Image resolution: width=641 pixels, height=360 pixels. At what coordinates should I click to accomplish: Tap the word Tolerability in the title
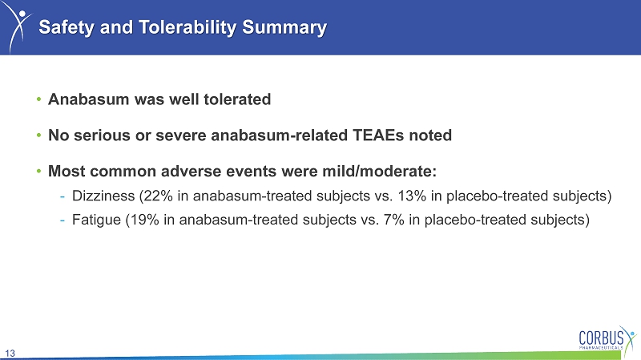coord(187,27)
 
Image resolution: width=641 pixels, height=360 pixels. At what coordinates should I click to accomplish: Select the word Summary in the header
coord(284,27)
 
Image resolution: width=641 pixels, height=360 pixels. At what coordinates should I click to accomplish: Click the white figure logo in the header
coord(18,28)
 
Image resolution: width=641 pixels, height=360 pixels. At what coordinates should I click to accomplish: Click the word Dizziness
coord(103,196)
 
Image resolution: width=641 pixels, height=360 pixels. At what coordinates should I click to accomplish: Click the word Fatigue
coord(96,220)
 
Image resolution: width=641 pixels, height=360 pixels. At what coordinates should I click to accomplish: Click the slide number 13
coord(10,353)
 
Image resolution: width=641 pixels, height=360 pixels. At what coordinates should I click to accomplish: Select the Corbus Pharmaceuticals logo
coord(607,338)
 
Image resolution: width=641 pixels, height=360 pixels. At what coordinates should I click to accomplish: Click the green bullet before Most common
coord(38,171)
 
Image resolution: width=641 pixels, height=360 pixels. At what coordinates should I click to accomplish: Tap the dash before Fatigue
coord(62,220)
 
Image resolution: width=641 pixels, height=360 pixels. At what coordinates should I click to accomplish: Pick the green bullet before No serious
coord(38,135)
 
